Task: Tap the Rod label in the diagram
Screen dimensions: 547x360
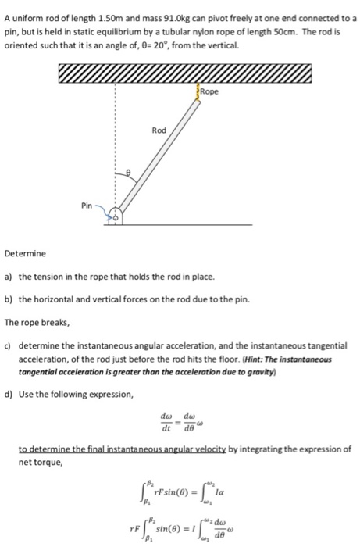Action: [159, 130]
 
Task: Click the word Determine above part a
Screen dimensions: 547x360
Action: [26, 254]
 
